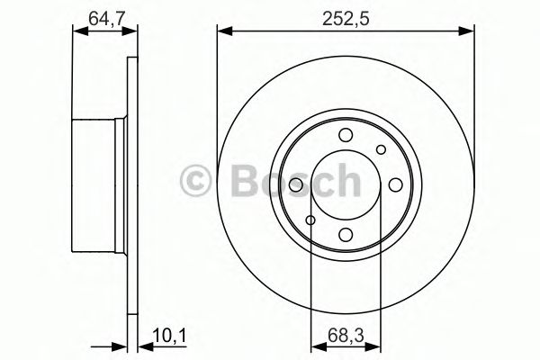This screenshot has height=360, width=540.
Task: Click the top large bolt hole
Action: click(x=346, y=136)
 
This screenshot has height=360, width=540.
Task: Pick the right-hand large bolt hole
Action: click(x=395, y=185)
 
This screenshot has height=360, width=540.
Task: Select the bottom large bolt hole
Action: click(x=346, y=235)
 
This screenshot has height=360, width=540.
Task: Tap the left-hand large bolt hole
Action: click(x=296, y=185)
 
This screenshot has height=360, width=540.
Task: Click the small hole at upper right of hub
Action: click(x=381, y=150)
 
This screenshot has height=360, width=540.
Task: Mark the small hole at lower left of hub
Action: click(x=310, y=220)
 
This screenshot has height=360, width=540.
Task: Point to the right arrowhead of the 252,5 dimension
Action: click(x=470, y=32)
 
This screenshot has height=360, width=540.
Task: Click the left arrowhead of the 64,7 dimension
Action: click(x=76, y=32)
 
